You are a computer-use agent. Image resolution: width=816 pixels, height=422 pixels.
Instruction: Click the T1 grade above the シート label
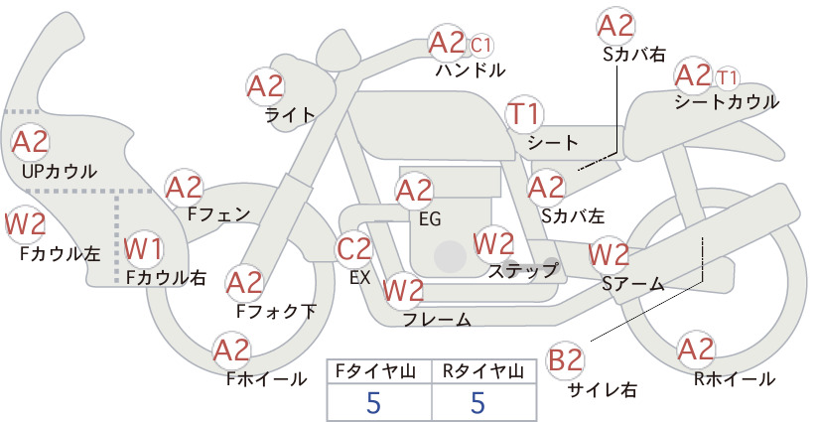[x=524, y=114]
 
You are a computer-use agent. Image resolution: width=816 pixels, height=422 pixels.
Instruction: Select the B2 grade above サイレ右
[x=565, y=360]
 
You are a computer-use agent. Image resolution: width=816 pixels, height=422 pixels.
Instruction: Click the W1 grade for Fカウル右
[x=143, y=249]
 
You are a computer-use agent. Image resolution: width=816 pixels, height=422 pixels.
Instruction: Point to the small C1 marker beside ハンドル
[x=481, y=46]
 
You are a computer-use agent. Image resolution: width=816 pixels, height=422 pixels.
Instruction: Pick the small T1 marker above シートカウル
[x=727, y=78]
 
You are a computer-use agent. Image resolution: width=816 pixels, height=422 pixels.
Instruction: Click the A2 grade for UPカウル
[x=30, y=142]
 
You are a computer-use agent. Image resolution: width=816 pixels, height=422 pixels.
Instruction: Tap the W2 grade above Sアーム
[x=609, y=255]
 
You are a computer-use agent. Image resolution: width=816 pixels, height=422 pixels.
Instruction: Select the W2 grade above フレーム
[x=403, y=290]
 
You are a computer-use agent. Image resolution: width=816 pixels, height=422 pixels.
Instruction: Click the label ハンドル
[x=471, y=70]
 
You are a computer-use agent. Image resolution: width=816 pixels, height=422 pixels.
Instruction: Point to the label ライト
[x=291, y=114]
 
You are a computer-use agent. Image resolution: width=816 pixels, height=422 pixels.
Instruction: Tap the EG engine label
[x=430, y=219]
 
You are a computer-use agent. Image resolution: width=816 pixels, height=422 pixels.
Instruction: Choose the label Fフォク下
[x=276, y=311]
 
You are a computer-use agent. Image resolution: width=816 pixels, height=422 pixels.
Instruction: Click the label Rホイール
[x=735, y=379]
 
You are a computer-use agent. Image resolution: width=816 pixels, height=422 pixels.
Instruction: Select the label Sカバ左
[x=573, y=215]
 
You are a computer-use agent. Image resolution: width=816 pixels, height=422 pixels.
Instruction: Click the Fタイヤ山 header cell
[x=379, y=371]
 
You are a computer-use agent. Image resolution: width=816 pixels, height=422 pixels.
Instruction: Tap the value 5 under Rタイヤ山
[x=478, y=402]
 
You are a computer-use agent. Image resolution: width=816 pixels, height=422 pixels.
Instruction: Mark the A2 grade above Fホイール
[x=231, y=351]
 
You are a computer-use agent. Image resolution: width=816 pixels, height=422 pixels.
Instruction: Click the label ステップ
[x=522, y=271]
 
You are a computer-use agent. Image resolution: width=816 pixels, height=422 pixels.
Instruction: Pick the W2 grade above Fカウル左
[x=25, y=224]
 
